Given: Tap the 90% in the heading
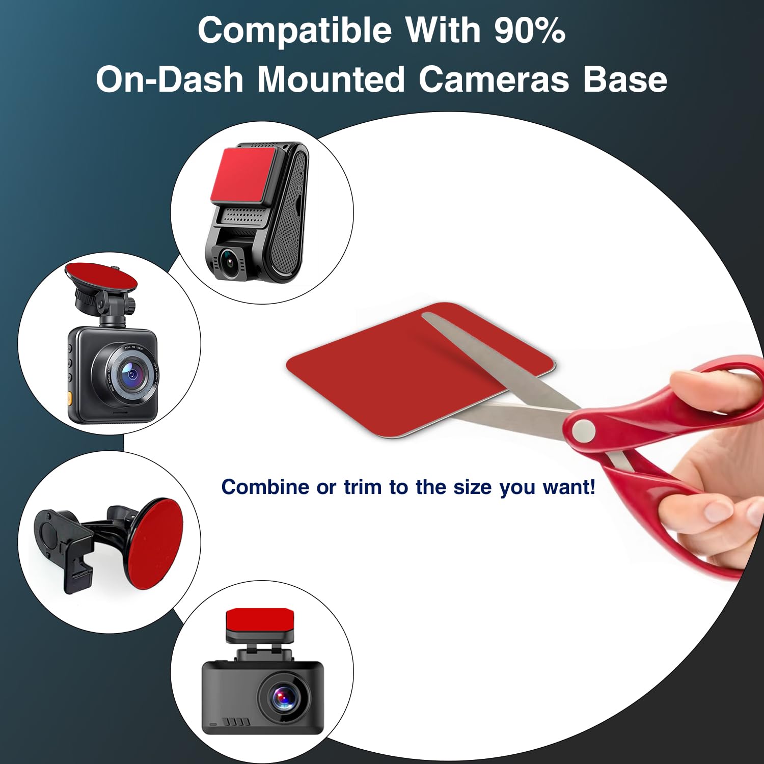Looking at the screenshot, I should (530, 31).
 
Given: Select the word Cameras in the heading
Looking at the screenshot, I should (493, 80).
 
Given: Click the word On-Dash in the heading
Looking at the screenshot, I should (170, 80).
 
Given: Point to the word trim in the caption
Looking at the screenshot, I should (362, 487).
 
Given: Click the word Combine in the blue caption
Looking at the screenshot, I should (265, 487).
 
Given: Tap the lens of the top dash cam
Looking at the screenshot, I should (230, 261).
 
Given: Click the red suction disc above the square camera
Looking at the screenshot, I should (100, 275).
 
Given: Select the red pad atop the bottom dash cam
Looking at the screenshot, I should (259, 619).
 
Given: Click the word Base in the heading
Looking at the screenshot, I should (625, 80).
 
